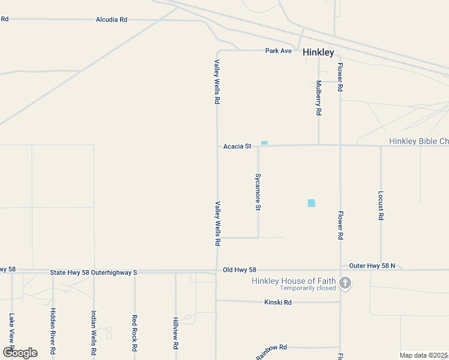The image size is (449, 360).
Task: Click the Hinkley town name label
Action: (318, 52)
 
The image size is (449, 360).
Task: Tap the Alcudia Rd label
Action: (112, 20)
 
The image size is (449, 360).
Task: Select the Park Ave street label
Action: (279, 51)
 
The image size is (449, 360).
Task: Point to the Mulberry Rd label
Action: (319, 98)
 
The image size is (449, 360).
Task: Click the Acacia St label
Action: (237, 146)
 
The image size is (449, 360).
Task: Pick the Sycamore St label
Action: (258, 192)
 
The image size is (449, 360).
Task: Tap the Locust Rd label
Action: (381, 206)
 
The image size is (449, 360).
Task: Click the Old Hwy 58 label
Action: (239, 271)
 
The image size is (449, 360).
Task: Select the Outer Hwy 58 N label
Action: (372, 265)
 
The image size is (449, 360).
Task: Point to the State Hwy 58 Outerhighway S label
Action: (94, 272)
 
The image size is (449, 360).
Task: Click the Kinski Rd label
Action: (277, 302)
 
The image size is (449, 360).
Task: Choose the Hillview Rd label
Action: (176, 334)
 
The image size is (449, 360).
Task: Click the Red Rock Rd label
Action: (135, 332)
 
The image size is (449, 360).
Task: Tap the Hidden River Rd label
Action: (53, 331)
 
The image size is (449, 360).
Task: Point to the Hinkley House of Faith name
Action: (291, 281)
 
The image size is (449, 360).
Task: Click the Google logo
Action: (20, 352)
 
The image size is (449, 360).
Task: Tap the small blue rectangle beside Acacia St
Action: (264, 143)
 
